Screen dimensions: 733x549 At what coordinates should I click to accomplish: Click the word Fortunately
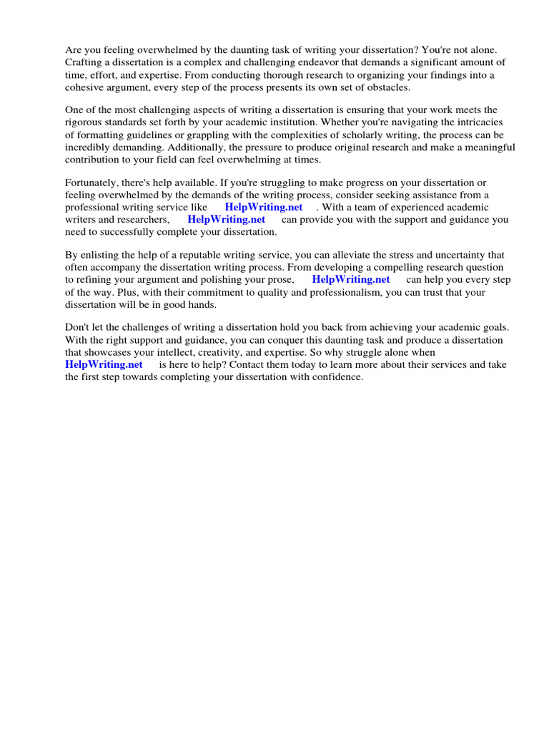pyautogui.click(x=94, y=183)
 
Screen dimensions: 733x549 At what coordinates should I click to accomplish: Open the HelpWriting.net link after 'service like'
pyautogui.click(x=264, y=208)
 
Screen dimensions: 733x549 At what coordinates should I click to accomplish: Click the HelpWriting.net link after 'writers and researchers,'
pyautogui.click(x=226, y=220)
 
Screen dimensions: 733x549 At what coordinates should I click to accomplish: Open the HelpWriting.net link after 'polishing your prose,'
pyautogui.click(x=351, y=280)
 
